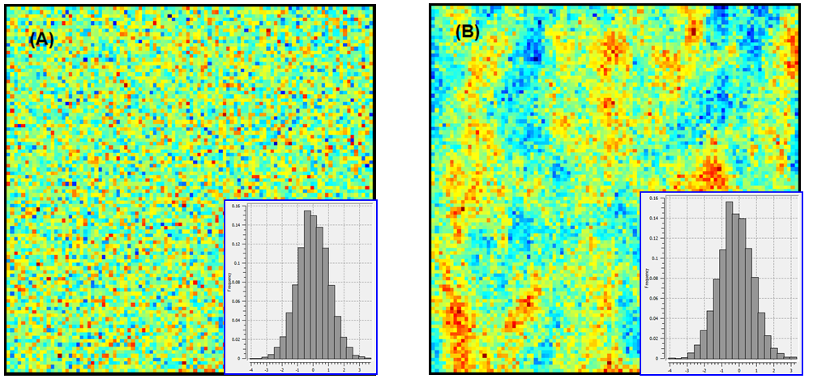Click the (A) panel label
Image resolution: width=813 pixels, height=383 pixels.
pos(41,40)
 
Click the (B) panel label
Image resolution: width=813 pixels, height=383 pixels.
pos(468,32)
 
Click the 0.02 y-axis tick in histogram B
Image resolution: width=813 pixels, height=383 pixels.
pos(656,338)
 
